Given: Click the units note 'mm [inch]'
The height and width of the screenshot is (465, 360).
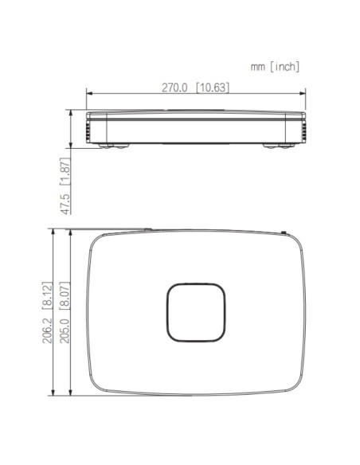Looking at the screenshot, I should coord(275,68).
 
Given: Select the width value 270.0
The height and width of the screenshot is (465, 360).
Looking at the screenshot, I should coord(178,87).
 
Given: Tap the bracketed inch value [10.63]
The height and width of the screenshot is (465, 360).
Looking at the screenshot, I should coord(213,87).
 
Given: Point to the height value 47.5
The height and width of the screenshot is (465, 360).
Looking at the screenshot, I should coord(65,200).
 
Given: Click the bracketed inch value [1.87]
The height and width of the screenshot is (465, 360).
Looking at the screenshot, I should coord(65,170).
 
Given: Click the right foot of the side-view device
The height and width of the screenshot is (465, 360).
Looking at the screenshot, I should coord(278,145).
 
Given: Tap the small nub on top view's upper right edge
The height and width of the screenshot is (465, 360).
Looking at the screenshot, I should coord(285,232).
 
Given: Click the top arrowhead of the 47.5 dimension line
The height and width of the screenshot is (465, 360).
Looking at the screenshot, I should coord(72,111).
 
